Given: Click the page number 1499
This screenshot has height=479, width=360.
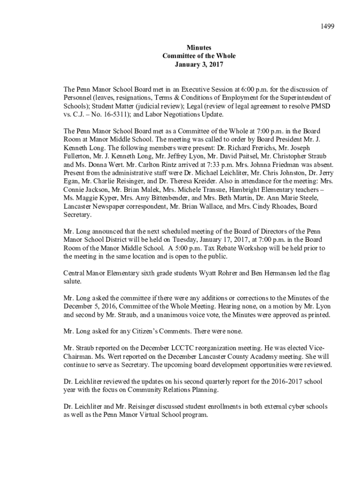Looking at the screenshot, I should (x=327, y=27).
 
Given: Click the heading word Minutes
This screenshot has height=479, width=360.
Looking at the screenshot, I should (x=199, y=48).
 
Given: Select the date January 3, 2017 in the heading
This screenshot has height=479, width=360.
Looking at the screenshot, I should (x=199, y=65).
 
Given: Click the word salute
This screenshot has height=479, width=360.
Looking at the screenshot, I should (x=72, y=282).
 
